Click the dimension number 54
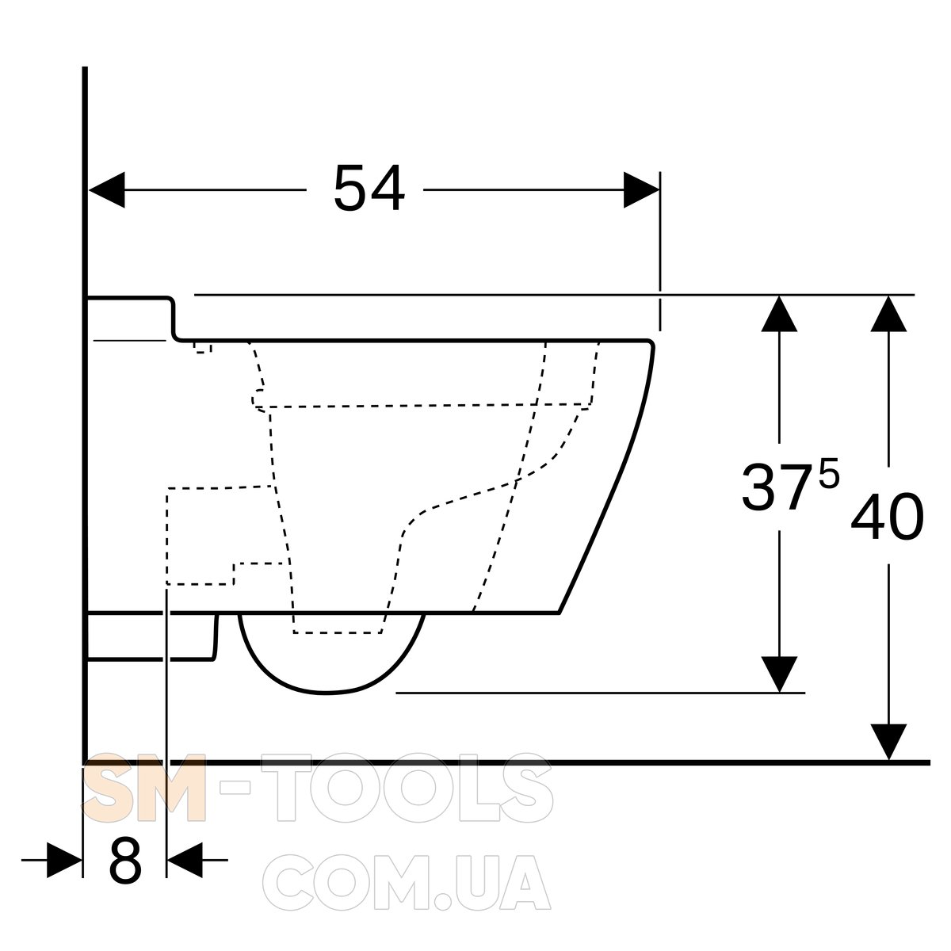click(369, 189)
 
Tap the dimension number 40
click(887, 516)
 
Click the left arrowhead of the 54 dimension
click(107, 189)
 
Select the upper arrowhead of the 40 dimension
click(888, 313)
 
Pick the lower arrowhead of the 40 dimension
click(888, 742)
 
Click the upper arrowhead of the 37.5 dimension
click(779, 313)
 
